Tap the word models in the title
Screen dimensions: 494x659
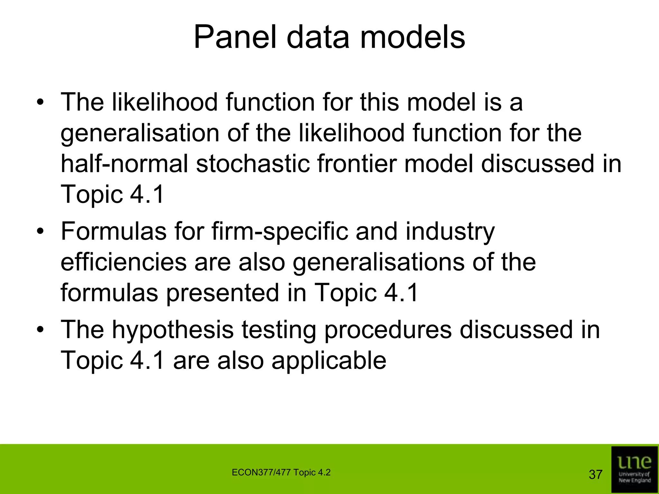click(412, 38)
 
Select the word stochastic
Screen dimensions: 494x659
click(253, 164)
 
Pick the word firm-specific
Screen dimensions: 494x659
click(280, 232)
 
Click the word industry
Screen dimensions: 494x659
click(450, 232)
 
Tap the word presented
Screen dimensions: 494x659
click(222, 293)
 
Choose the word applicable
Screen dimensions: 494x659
click(329, 361)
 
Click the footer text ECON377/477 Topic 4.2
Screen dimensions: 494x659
click(281, 472)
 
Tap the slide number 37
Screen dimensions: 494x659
click(595, 474)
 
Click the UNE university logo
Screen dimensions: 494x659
click(634, 469)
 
